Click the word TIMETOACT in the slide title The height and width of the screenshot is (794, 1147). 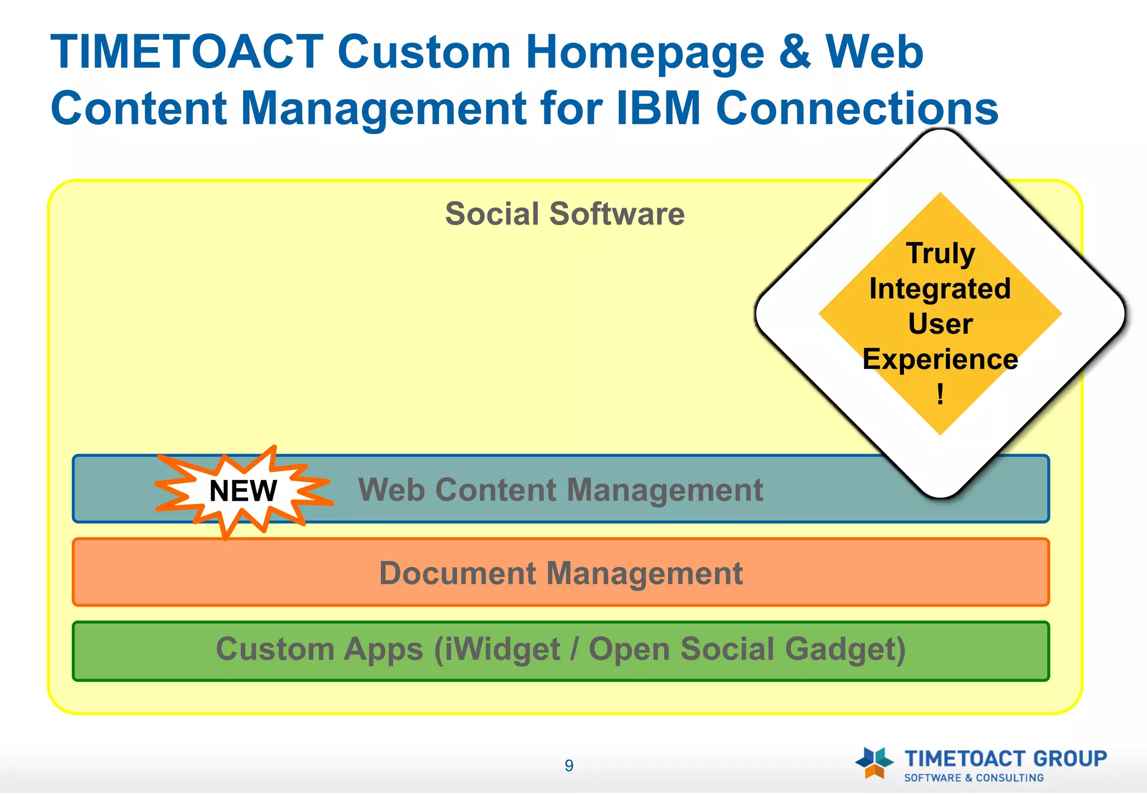(187, 52)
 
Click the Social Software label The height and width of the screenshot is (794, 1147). (565, 214)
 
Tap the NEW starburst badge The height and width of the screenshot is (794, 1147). (243, 491)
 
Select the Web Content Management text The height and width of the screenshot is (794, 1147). (560, 490)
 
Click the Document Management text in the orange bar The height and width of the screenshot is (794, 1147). (561, 573)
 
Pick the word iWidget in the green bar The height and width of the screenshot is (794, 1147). (497, 650)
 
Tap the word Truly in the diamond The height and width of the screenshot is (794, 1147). (940, 253)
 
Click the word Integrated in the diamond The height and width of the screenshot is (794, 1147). (940, 289)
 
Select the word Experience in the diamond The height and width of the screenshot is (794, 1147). (940, 359)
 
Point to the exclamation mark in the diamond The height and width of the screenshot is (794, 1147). (940, 394)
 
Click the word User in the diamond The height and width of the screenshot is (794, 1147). (940, 324)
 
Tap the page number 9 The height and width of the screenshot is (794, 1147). (569, 765)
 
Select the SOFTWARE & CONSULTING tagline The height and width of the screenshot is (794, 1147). (974, 778)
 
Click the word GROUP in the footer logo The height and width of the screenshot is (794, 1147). (1070, 759)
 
